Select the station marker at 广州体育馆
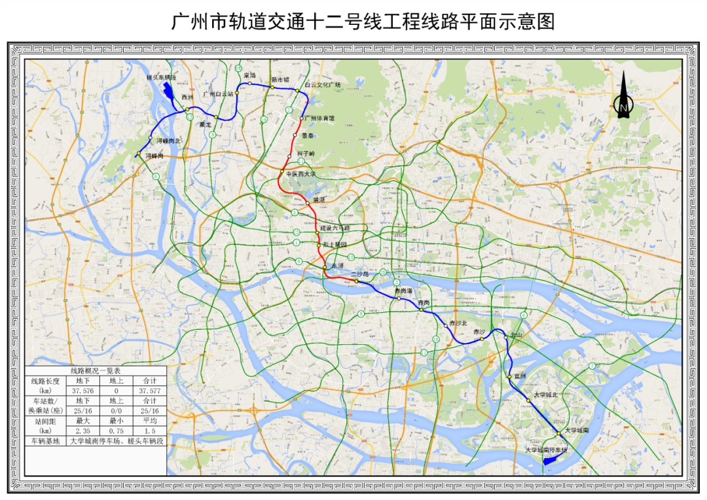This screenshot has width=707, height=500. [302, 118]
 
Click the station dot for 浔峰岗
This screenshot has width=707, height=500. [139, 154]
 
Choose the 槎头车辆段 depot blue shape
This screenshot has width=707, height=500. [169, 92]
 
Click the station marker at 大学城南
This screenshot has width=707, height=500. [558, 433]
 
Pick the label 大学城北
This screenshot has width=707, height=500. [545, 395]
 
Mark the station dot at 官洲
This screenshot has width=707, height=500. [509, 376]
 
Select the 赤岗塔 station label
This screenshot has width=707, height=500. [403, 290]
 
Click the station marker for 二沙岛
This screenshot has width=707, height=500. [356, 281]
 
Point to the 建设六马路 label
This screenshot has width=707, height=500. [335, 228]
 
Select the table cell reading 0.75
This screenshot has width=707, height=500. [117, 431]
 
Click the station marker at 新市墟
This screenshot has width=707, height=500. [272, 86]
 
